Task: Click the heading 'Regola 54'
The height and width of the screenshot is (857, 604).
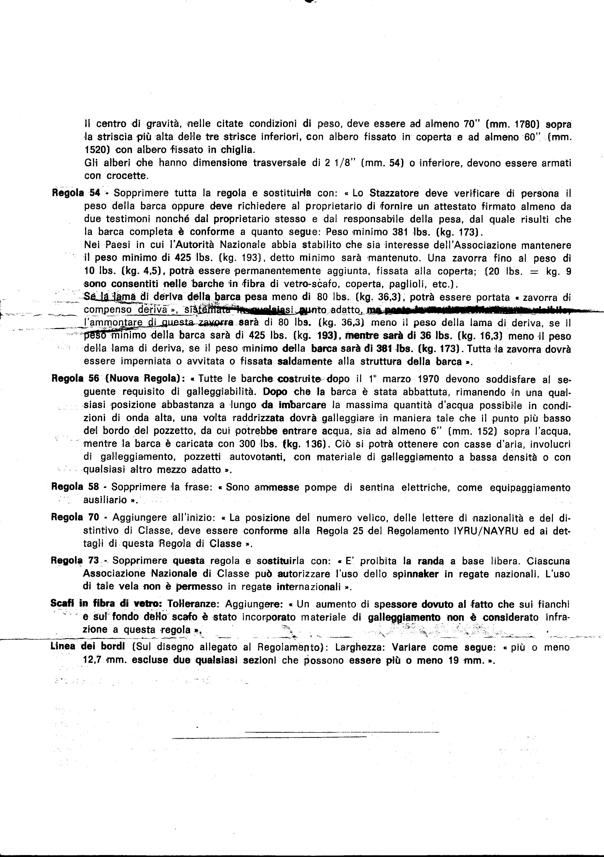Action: (74, 193)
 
